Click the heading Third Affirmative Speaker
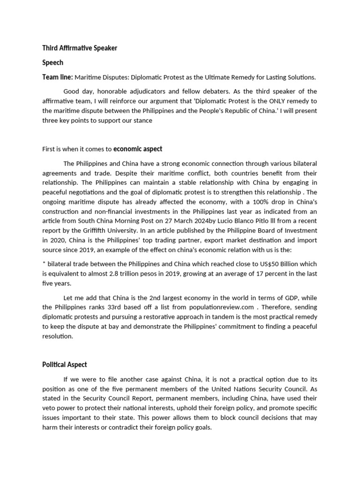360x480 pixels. coord(79,48)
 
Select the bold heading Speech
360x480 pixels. coord(52,62)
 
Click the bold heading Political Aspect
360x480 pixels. coord(64,365)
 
